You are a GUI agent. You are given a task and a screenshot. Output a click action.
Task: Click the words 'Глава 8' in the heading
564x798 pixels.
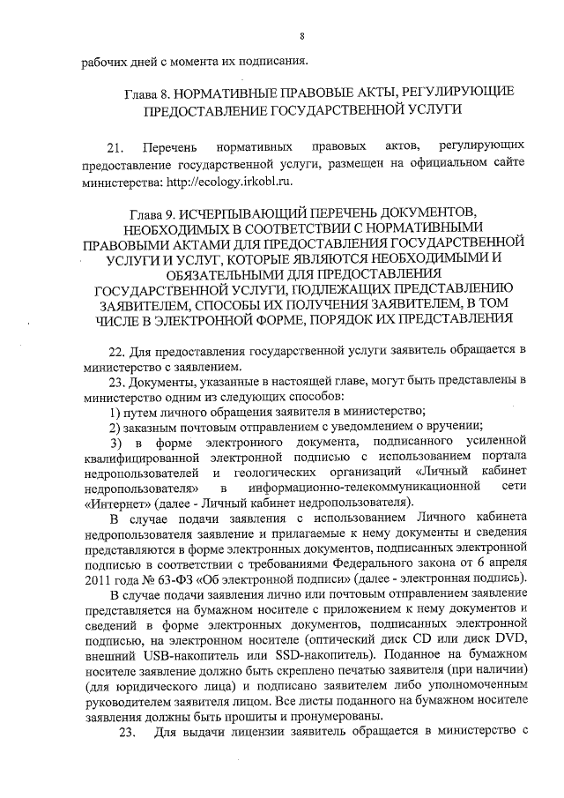143,92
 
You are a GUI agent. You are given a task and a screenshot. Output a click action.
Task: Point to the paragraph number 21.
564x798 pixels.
115,144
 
